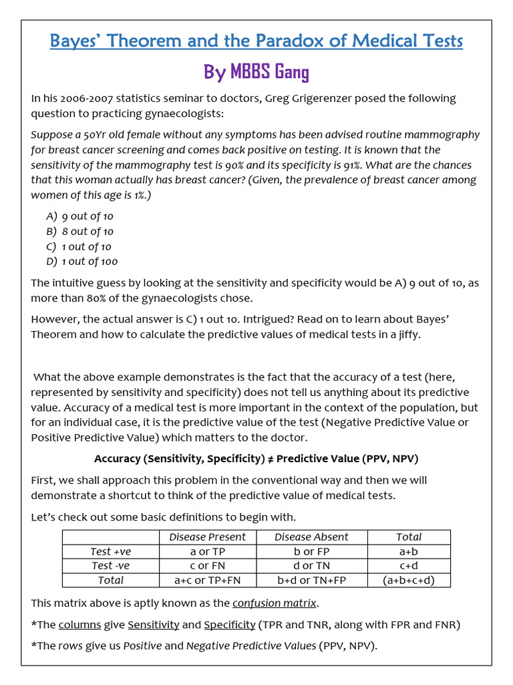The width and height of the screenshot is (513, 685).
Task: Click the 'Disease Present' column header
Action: [207, 537]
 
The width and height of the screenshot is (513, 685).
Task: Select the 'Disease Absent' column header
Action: [311, 537]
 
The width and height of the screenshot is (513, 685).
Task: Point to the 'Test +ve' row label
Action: [111, 552]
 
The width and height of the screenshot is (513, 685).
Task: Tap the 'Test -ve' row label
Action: [111, 566]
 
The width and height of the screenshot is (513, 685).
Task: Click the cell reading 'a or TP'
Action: [207, 552]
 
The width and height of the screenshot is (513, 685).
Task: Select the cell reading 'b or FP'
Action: [311, 552]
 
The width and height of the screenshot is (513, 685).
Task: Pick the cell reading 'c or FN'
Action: [207, 566]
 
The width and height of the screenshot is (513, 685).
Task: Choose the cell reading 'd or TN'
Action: [311, 566]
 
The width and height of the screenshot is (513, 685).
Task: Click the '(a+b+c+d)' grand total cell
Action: [409, 581]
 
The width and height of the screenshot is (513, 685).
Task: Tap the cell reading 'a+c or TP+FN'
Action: [207, 581]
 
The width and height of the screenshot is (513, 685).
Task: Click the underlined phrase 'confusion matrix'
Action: [275, 603]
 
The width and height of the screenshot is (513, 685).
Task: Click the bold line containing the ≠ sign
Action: [256, 459]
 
